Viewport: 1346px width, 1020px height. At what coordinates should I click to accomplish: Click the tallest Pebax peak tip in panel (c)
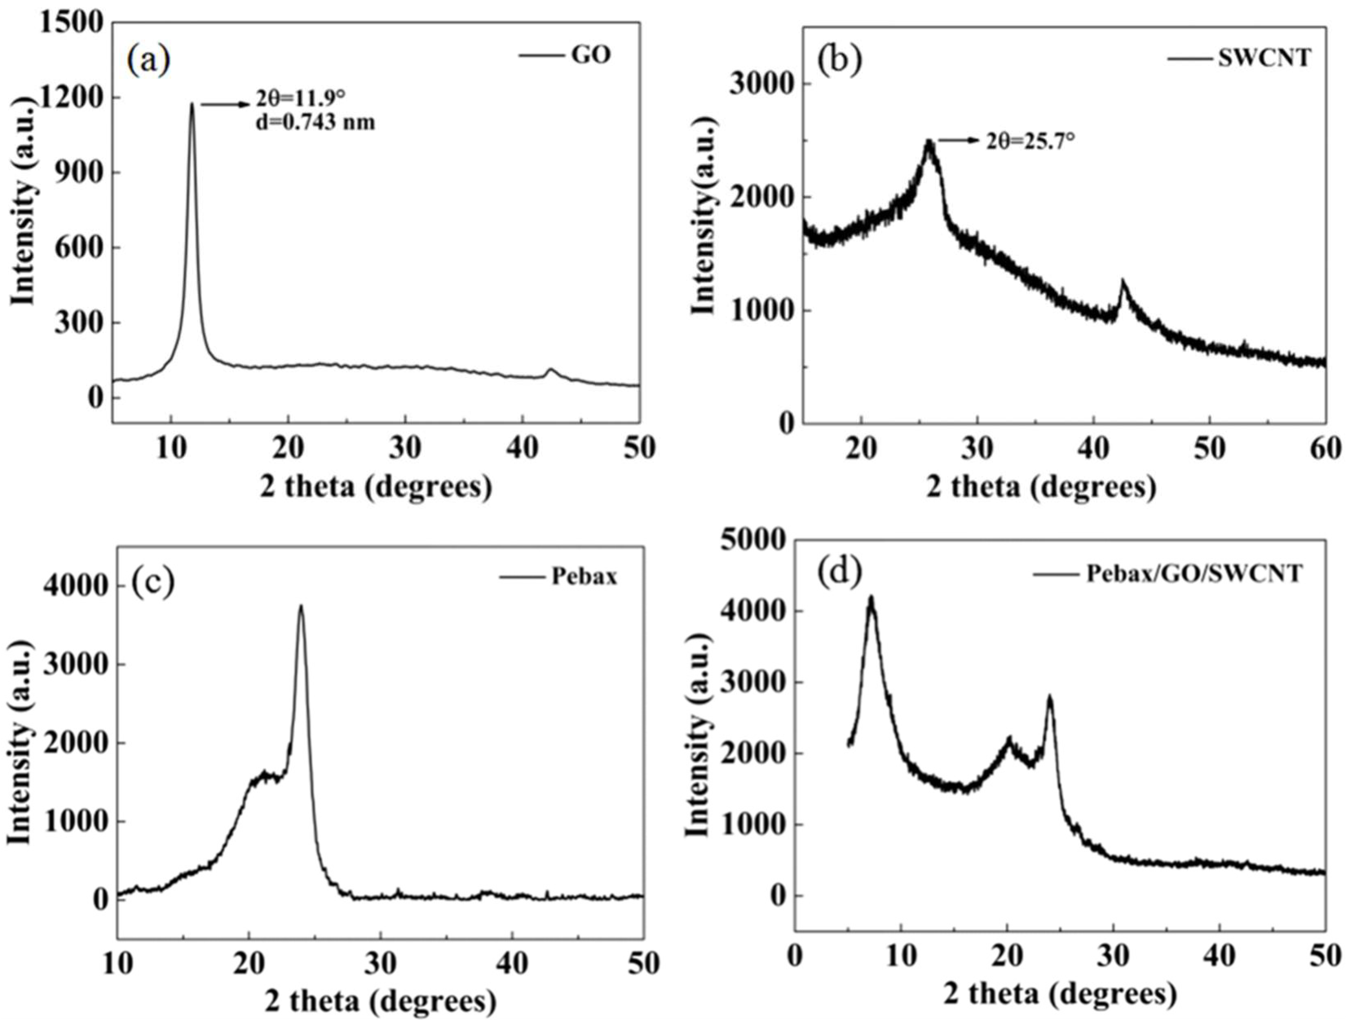coord(300,606)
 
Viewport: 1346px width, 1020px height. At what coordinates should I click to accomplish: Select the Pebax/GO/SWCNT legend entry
coord(1194,573)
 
